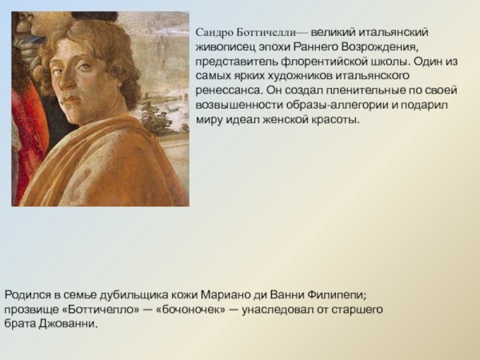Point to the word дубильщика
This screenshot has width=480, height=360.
[135, 294]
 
